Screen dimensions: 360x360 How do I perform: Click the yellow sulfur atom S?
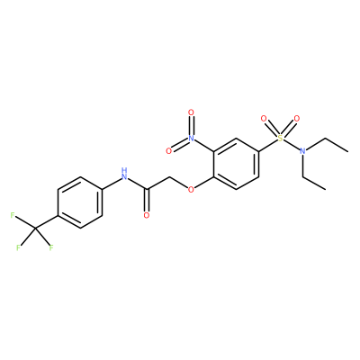tap(280, 138)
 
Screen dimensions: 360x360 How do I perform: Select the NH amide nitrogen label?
tap(123, 174)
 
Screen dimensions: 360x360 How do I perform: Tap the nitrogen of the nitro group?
tap(191, 138)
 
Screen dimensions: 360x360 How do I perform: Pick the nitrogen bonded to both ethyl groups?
tap(302, 151)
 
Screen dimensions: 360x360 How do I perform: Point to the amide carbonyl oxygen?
tap(147, 215)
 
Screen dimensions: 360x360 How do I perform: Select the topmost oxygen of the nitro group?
tap(191, 112)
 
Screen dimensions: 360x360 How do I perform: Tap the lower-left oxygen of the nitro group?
tap(168, 151)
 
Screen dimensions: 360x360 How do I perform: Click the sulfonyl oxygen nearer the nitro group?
tap(264, 119)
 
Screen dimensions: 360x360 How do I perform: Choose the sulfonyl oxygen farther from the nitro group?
tap(296, 119)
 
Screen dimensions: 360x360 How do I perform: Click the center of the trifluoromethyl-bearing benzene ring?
tap(80, 202)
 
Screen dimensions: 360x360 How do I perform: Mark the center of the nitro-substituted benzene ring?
tap(236, 164)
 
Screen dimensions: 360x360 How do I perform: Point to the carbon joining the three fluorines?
tap(35, 229)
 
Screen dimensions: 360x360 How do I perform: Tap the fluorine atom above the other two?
tap(13, 215)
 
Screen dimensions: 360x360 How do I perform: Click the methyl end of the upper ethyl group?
tap(347, 151)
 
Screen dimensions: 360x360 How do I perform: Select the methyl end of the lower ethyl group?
tap(325, 190)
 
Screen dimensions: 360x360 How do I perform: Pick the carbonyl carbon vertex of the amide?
tap(147, 190)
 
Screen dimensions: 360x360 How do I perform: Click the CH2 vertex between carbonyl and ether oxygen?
tap(169, 176)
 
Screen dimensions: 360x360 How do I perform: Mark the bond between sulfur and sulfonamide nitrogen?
tap(292, 144)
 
